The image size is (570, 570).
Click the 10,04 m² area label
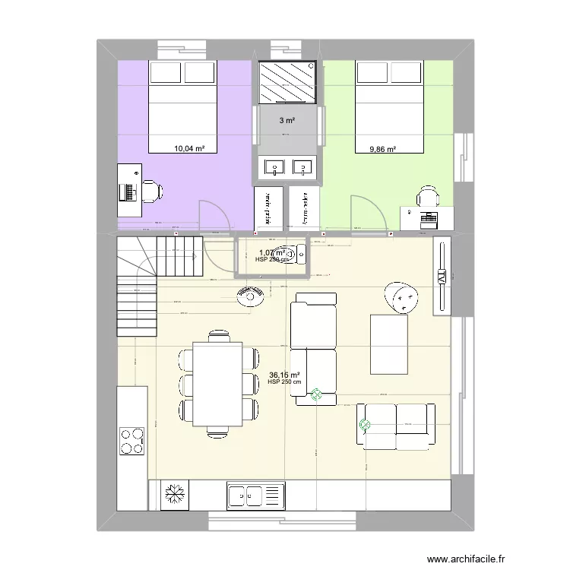189,150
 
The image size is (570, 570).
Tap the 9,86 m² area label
382,150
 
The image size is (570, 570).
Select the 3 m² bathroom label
287,120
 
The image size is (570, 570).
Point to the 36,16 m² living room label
283,375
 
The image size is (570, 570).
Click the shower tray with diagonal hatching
287,82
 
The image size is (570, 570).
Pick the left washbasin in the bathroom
273,167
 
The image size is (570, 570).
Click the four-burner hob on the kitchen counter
131,440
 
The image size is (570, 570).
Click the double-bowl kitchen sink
255,496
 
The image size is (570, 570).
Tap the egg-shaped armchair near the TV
402,297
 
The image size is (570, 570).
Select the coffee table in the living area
388,344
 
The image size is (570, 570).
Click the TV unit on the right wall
441,275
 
